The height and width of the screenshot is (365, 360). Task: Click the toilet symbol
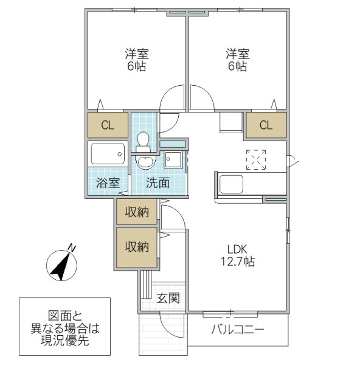tap(144, 142)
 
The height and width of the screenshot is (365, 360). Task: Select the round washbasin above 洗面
tap(145, 162)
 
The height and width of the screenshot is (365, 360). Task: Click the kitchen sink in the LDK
tap(232, 183)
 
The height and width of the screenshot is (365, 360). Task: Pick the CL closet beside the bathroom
tap(108, 126)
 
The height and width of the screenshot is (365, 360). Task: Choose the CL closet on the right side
tap(266, 126)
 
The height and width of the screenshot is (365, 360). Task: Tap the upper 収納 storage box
tap(137, 212)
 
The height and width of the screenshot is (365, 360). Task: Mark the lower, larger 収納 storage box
tap(137, 247)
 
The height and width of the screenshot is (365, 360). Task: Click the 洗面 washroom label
tap(157, 182)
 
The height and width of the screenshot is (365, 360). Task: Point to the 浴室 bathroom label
tap(108, 182)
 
